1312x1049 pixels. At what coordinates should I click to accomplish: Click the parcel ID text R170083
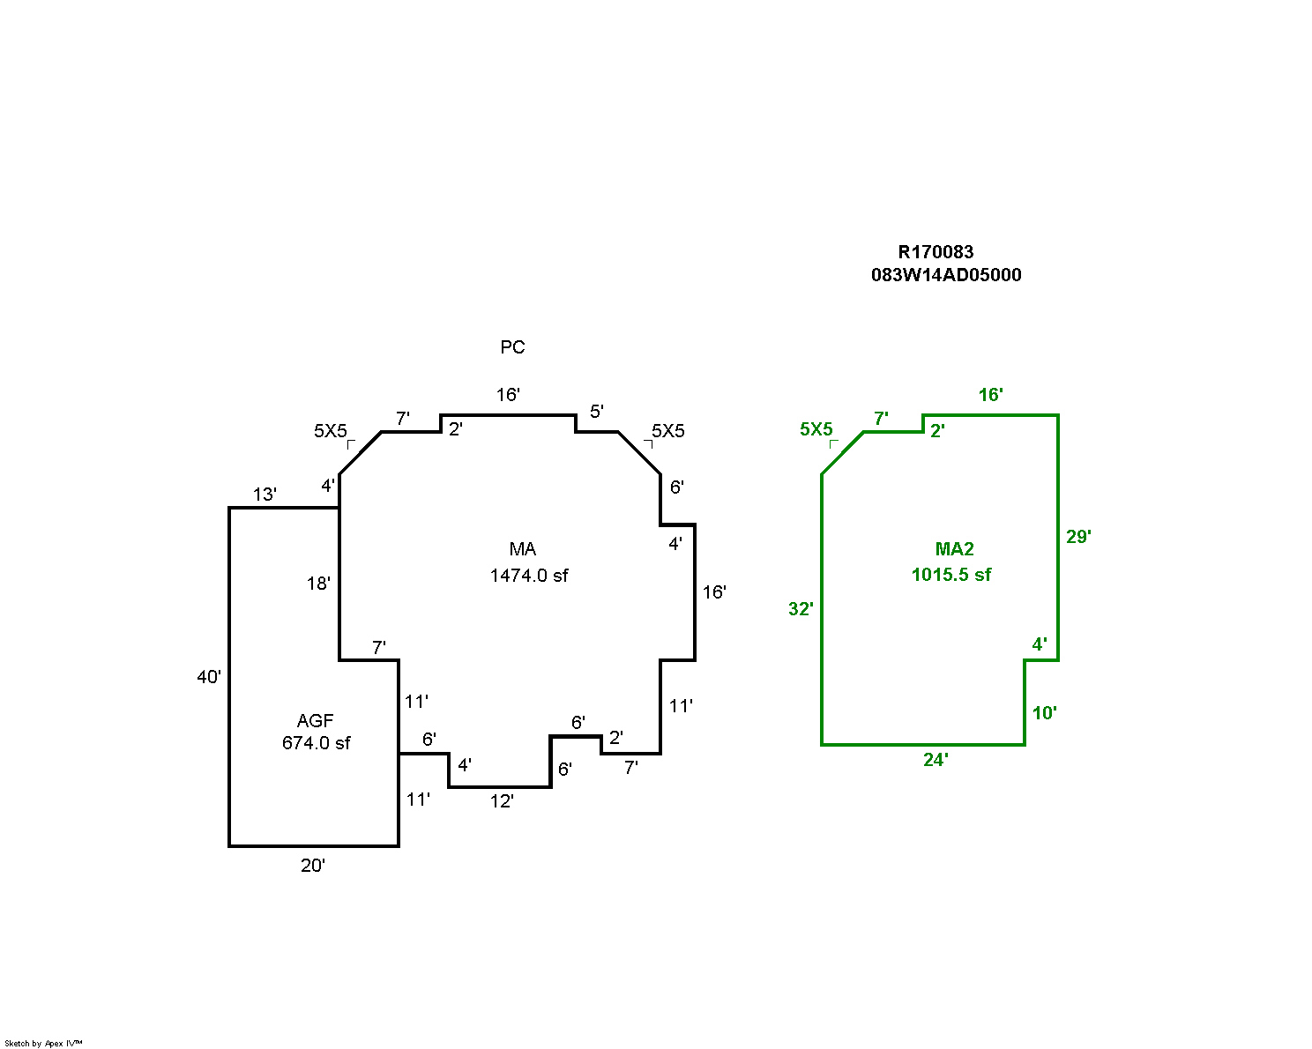coord(936,252)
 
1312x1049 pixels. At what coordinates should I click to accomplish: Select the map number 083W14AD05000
coord(946,275)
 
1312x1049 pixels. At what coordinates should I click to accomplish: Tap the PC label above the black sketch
coord(512,347)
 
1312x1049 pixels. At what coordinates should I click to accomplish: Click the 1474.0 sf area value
coord(529,576)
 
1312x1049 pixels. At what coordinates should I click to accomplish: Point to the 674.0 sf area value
coord(316,743)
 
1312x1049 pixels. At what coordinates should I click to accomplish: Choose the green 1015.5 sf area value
coord(950,575)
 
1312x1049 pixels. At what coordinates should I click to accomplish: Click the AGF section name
coord(315,721)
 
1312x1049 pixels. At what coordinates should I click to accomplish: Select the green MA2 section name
coord(954,549)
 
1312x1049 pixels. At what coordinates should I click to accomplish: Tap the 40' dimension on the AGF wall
coord(209,677)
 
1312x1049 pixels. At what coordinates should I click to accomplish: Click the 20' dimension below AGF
coord(313,866)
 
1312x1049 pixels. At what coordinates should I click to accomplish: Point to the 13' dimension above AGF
coord(265,495)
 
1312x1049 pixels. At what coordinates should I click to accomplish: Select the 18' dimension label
coord(318,584)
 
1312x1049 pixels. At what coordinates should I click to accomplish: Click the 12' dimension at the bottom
coord(502,801)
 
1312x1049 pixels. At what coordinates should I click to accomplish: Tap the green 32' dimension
coord(801,609)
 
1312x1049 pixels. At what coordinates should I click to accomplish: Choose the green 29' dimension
coord(1078,537)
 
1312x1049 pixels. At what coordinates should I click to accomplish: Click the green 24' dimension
coord(936,760)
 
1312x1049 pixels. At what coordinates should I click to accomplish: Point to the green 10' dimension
coord(1045,713)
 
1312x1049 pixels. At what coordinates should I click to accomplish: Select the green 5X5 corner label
coord(816,429)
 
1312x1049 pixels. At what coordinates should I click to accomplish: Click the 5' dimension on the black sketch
coord(597,412)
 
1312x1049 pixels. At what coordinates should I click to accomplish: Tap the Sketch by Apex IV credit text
coord(43,1043)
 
